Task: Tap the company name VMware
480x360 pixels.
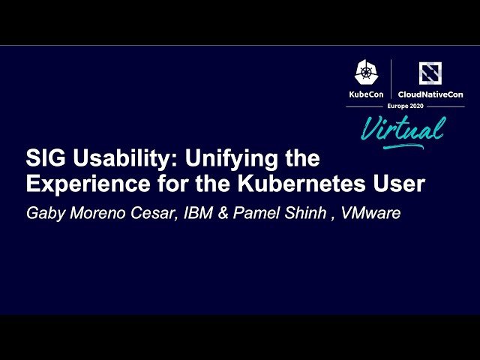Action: click(370, 214)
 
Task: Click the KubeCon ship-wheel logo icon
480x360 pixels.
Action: click(366, 72)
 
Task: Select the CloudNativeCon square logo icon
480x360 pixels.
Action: click(430, 73)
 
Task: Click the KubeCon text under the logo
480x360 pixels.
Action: click(366, 94)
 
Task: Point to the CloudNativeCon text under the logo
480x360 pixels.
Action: click(430, 94)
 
